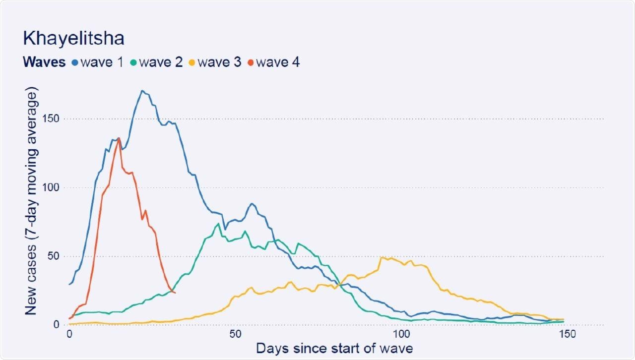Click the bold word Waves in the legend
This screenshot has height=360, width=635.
tap(44, 62)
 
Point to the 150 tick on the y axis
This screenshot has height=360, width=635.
tap(54, 119)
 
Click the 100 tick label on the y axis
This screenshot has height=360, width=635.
tap(54, 188)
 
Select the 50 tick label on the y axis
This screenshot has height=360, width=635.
tap(57, 256)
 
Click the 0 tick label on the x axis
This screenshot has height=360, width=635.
tap(69, 334)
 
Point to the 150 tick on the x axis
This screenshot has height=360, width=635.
tap(566, 334)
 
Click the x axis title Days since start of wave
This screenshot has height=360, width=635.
tap(334, 349)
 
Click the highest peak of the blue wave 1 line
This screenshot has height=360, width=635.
tap(142, 91)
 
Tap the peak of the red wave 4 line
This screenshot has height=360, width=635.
tap(119, 138)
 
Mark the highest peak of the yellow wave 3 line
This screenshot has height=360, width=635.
tap(381, 257)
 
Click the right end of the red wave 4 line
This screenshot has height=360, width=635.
tap(175, 293)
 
